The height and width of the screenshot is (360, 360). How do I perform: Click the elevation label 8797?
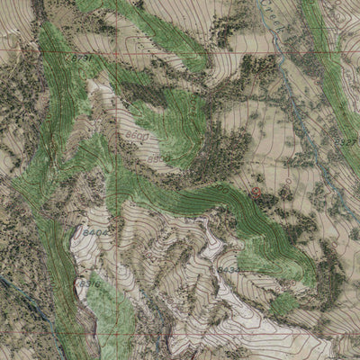click(80, 58)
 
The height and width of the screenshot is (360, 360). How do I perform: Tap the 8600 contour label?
click(137, 135)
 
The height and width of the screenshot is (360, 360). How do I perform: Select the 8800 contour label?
click(157, 159)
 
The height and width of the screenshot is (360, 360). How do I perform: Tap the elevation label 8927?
click(346, 141)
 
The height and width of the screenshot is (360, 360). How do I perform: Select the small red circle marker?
click(256, 193)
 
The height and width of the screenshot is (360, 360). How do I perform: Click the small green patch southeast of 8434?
click(283, 303)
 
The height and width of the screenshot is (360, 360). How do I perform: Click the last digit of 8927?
click(355, 141)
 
